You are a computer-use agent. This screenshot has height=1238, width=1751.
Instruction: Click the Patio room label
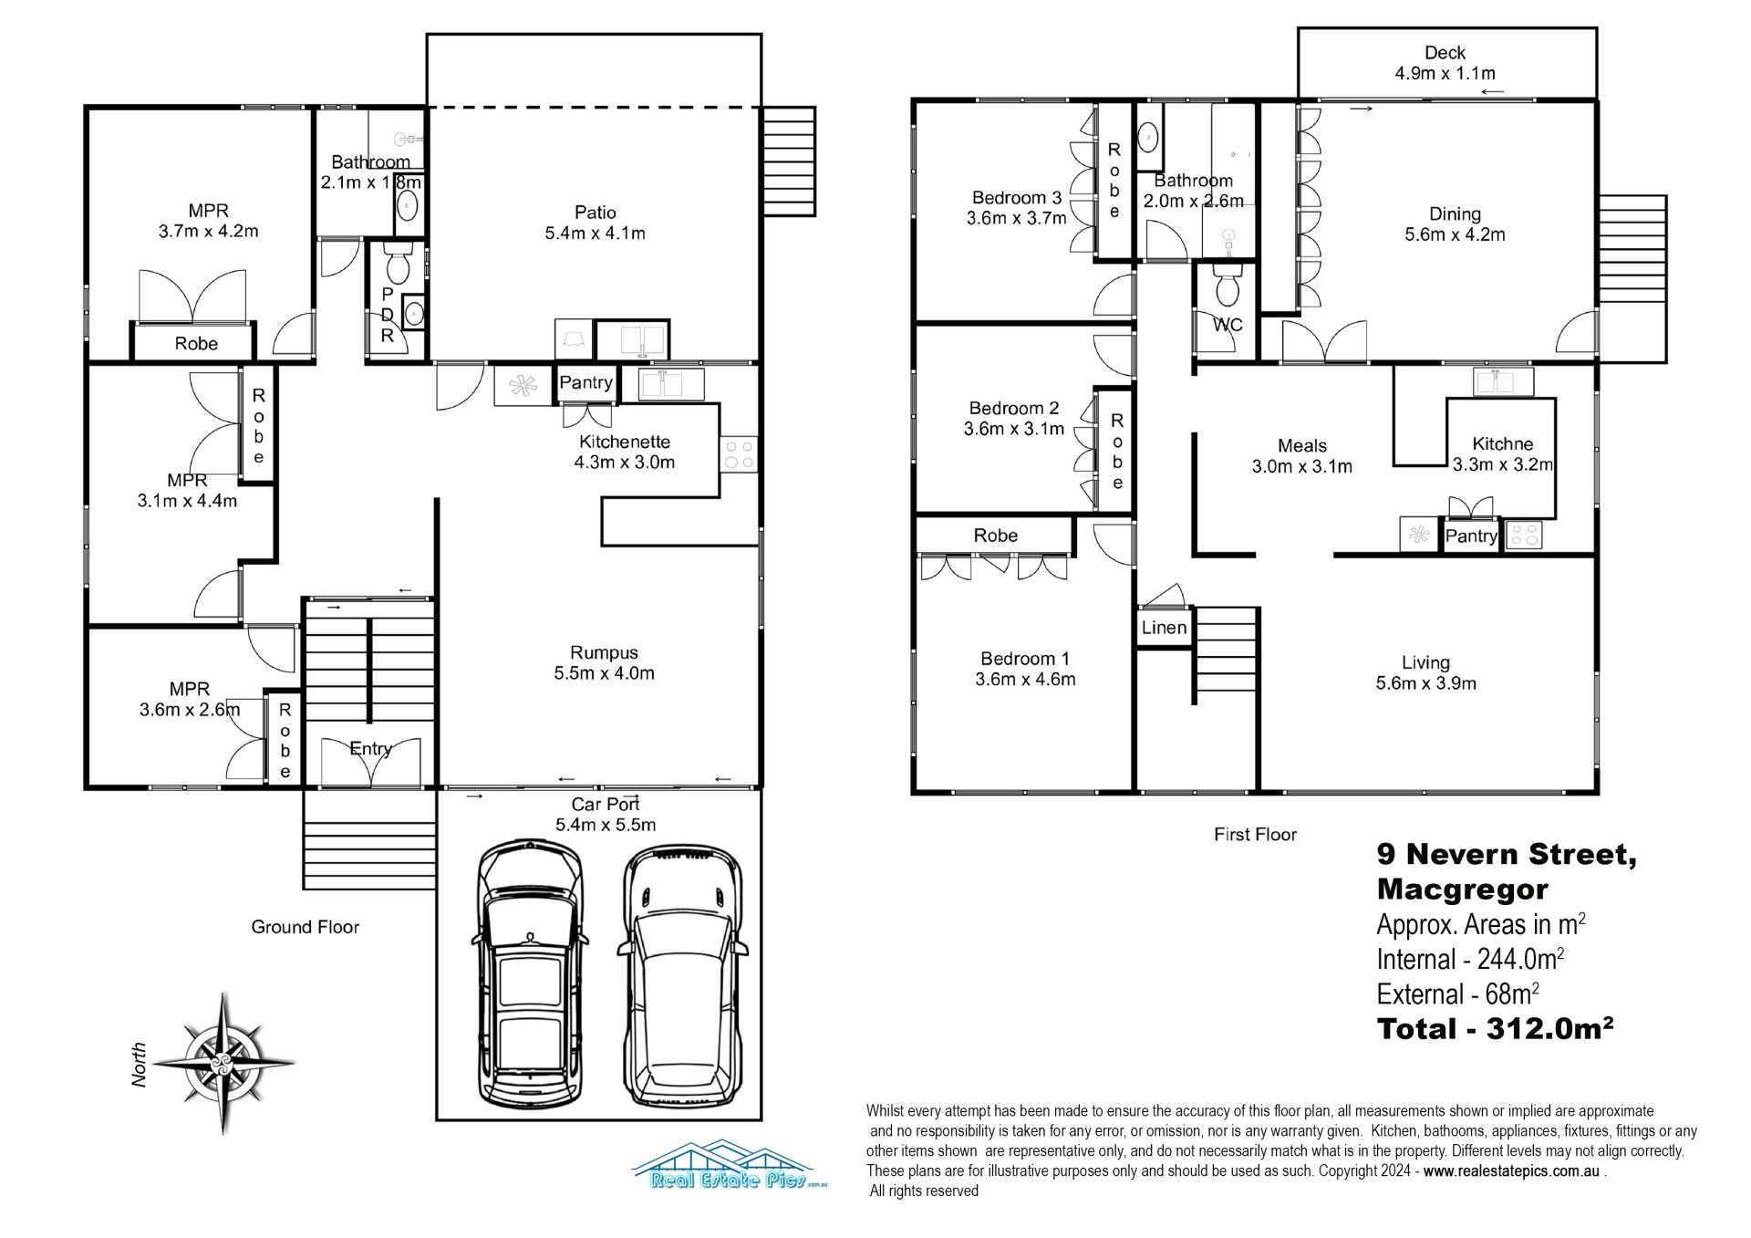pyautogui.click(x=595, y=213)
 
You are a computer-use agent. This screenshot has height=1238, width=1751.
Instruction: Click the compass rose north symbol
pyautogui.click(x=223, y=1064)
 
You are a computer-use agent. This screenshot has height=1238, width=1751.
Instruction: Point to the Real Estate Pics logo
pyautogui.click(x=730, y=1165)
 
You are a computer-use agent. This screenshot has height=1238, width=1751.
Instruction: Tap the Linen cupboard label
pyautogui.click(x=1164, y=628)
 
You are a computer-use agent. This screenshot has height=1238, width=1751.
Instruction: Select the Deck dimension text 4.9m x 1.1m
pyautogui.click(x=1445, y=73)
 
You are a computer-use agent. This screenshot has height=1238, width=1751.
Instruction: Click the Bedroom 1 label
pyautogui.click(x=1025, y=659)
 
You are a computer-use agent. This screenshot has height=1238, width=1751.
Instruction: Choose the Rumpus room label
pyautogui.click(x=604, y=653)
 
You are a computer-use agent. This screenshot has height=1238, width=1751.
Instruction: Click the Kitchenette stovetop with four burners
pyautogui.click(x=739, y=454)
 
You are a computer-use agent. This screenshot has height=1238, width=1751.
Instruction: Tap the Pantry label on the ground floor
pyautogui.click(x=585, y=383)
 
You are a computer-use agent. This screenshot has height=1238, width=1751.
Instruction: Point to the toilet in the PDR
pyautogui.click(x=398, y=265)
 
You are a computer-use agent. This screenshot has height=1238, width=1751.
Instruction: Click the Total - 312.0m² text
pyautogui.click(x=1496, y=1029)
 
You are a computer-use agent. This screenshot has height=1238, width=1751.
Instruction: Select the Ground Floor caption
pyautogui.click(x=306, y=927)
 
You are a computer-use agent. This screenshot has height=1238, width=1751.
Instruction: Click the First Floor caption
pyautogui.click(x=1255, y=834)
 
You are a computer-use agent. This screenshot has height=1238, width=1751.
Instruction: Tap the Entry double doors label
pyautogui.click(x=370, y=749)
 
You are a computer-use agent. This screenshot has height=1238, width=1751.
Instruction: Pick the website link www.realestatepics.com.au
pyautogui.click(x=1511, y=1171)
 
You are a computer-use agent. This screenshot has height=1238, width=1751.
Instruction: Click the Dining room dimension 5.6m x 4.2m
pyautogui.click(x=1455, y=234)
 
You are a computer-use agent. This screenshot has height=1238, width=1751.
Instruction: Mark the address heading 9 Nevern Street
pyautogui.click(x=1507, y=855)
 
